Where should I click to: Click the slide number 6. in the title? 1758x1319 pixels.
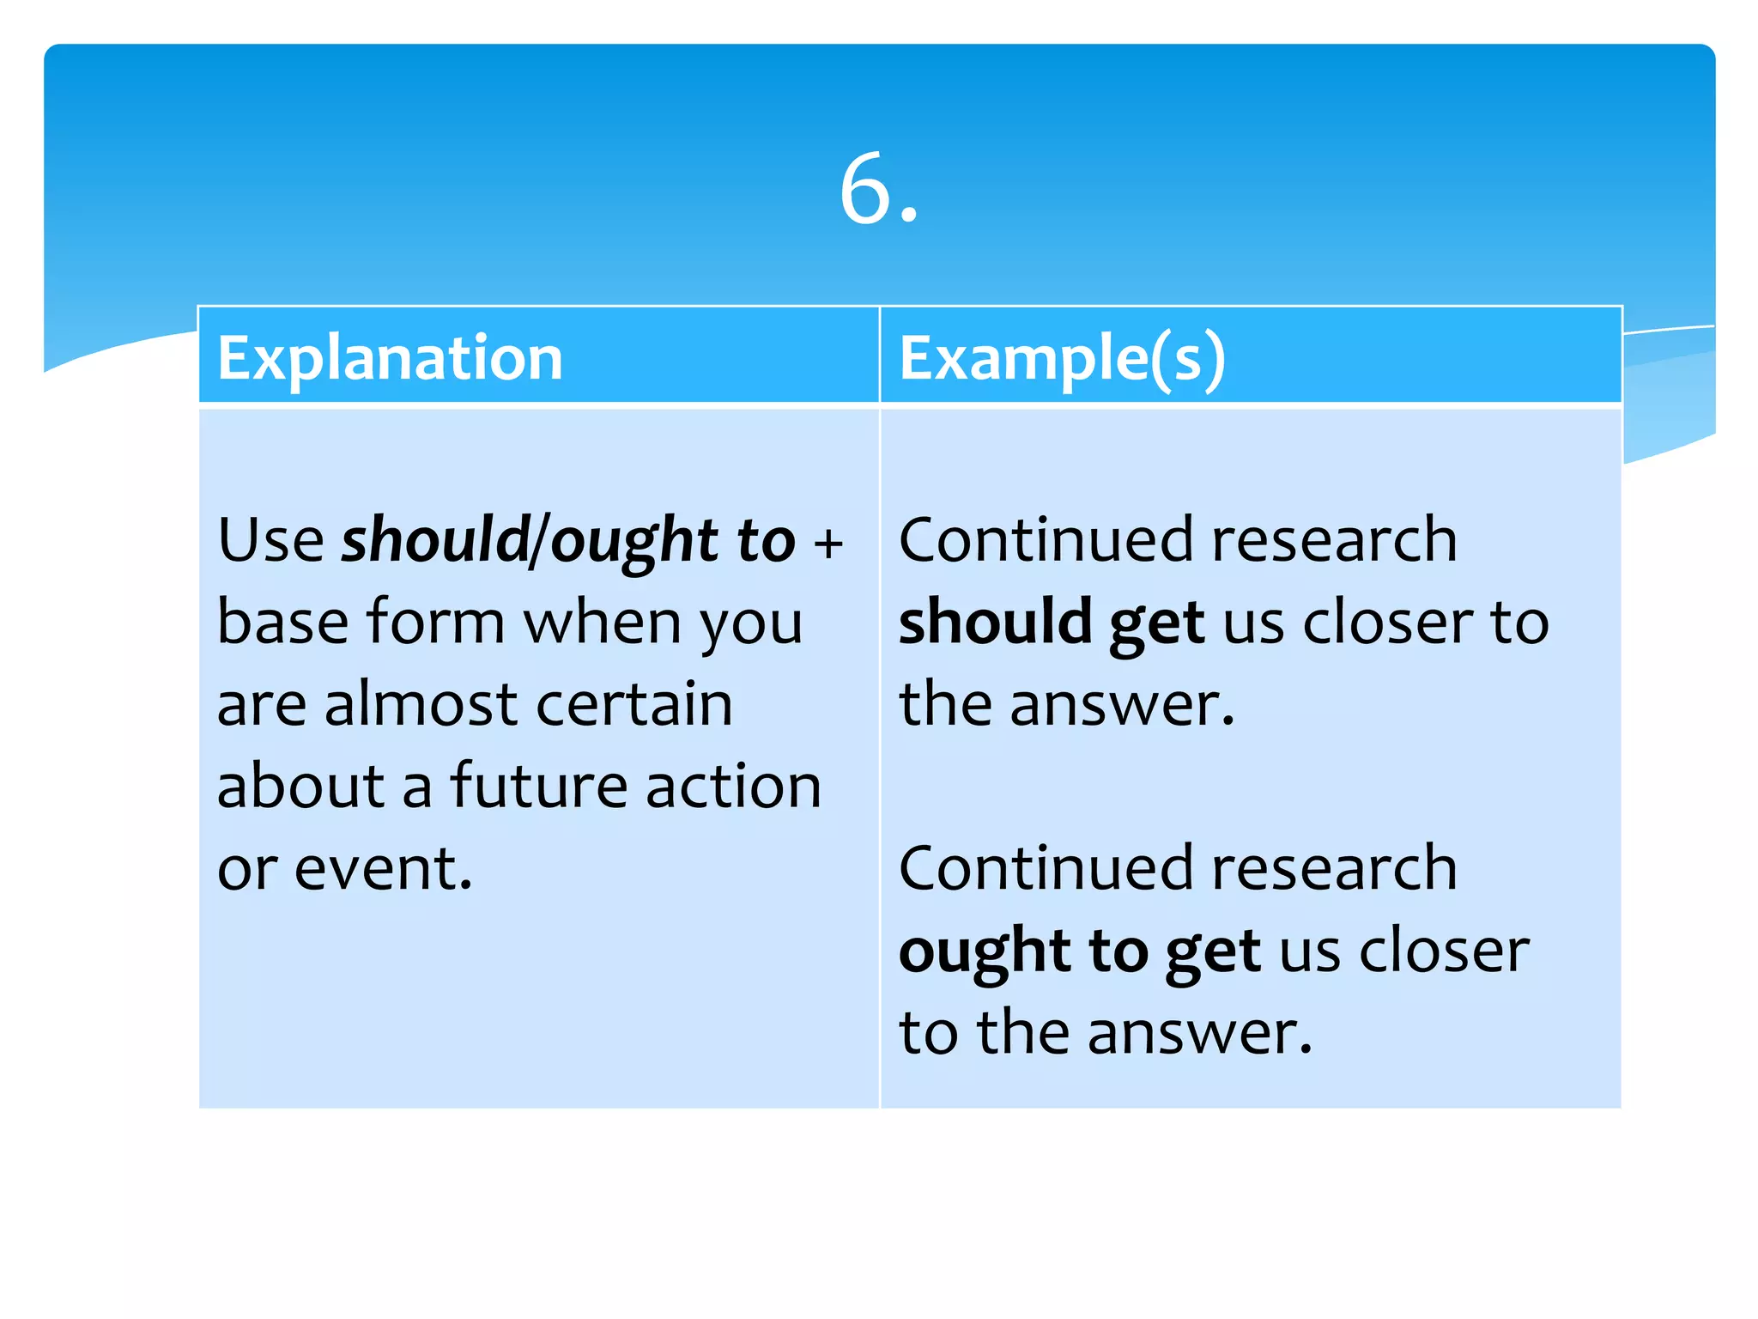[878, 191]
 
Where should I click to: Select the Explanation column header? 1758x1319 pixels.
[390, 357]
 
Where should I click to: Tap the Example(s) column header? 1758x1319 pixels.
[1062, 357]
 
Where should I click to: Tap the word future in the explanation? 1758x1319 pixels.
[538, 785]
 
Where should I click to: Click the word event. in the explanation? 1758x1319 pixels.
[383, 868]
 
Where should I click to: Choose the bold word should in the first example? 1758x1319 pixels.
[995, 622]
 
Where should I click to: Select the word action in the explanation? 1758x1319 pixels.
[734, 787]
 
